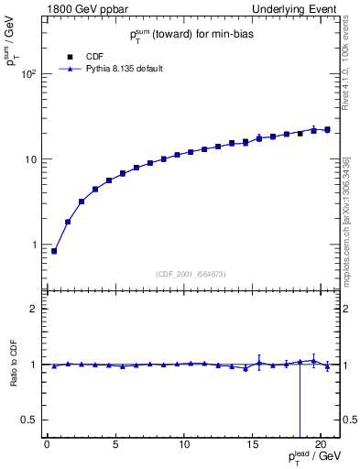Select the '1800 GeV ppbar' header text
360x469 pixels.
point(73,9)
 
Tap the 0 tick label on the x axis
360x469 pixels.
point(47,446)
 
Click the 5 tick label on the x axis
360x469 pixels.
point(115,446)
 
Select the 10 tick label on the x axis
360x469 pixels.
point(184,446)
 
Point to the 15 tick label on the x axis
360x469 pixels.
point(252,446)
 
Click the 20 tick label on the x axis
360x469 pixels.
point(321,446)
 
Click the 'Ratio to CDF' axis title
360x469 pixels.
point(12,365)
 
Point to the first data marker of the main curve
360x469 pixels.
point(54,251)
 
